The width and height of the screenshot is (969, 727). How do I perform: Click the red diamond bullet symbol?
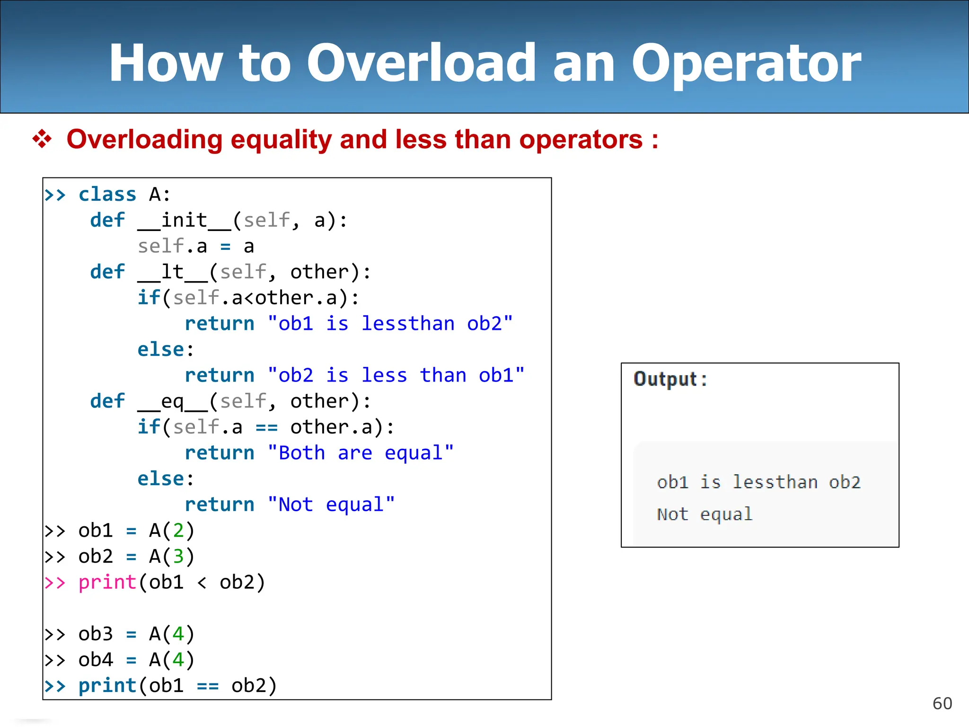[x=42, y=139]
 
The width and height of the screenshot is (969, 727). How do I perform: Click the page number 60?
[x=942, y=703]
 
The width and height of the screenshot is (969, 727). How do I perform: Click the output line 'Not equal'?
[x=705, y=514]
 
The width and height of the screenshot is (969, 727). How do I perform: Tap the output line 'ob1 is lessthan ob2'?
[x=758, y=482]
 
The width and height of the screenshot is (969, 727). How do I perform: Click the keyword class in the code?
[x=107, y=195]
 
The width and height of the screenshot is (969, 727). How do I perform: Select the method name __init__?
[x=185, y=221]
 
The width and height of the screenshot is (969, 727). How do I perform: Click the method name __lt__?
[x=173, y=272]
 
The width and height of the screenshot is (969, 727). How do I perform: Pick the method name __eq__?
[x=173, y=401]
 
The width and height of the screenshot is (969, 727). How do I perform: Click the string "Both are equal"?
[x=361, y=453]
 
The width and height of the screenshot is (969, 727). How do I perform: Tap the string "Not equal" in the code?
[x=331, y=505]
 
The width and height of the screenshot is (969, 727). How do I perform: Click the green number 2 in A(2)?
[x=178, y=531]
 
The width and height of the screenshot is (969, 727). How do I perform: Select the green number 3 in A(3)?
[x=178, y=556]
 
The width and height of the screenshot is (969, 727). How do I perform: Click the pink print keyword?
[x=107, y=582]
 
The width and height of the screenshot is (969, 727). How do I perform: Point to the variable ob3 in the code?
[x=96, y=634]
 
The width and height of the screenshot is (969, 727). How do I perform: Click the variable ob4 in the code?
[x=96, y=660]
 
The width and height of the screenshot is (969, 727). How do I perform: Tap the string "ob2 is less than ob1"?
[x=396, y=375]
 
